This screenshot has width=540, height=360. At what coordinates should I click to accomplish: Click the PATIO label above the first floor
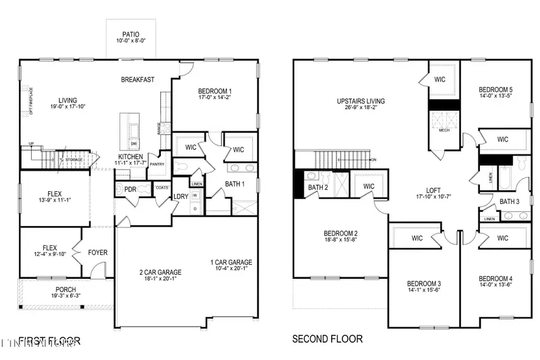click(x=130, y=34)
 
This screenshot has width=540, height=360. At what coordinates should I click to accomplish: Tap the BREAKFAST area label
click(x=138, y=79)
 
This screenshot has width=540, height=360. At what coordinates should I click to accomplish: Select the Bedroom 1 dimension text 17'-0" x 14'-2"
click(x=214, y=97)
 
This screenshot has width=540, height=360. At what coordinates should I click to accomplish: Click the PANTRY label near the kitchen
click(x=157, y=163)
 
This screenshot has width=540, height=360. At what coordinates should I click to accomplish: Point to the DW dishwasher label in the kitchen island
click(x=134, y=145)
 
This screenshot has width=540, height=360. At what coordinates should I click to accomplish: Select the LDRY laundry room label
click(x=181, y=196)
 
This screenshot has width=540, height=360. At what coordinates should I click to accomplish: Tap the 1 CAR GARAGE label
click(x=231, y=262)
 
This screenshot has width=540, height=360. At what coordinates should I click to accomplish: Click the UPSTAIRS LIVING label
click(x=361, y=101)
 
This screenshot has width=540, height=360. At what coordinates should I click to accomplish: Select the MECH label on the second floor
click(x=444, y=130)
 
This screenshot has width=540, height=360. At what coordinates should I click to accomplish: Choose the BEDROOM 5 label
click(x=496, y=90)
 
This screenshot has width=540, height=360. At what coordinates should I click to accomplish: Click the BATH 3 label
click(x=509, y=202)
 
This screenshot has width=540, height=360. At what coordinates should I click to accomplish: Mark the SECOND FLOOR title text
click(x=327, y=339)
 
